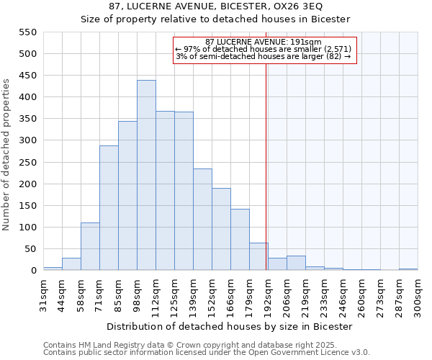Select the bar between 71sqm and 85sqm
point(109,208)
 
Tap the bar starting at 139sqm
point(202,220)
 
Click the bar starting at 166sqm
point(240,240)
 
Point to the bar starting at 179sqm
point(258,256)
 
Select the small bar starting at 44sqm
point(71,264)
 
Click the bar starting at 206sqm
point(296,263)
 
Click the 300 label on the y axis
point(27,141)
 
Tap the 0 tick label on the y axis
point(33,271)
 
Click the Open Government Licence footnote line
point(207,353)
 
